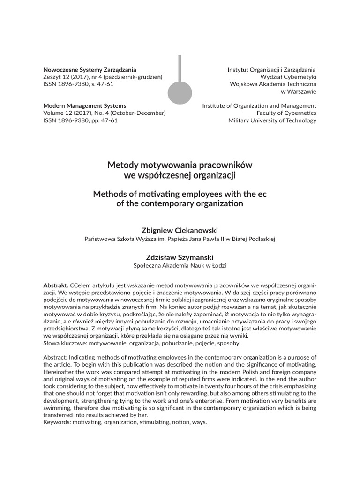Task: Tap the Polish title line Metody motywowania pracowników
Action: coord(180,165)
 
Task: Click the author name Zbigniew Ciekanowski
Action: coord(180,230)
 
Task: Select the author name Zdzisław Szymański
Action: coord(180,257)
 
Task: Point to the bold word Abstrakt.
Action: coord(56,285)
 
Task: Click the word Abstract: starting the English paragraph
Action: coord(57,358)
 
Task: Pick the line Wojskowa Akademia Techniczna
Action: coord(273,84)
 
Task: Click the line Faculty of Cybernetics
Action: coord(286,113)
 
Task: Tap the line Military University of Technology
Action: coord(272,120)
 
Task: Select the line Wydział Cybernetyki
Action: coord(288,77)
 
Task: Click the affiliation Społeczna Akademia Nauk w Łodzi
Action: coord(180,266)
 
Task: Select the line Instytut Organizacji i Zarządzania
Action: coord(272,69)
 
